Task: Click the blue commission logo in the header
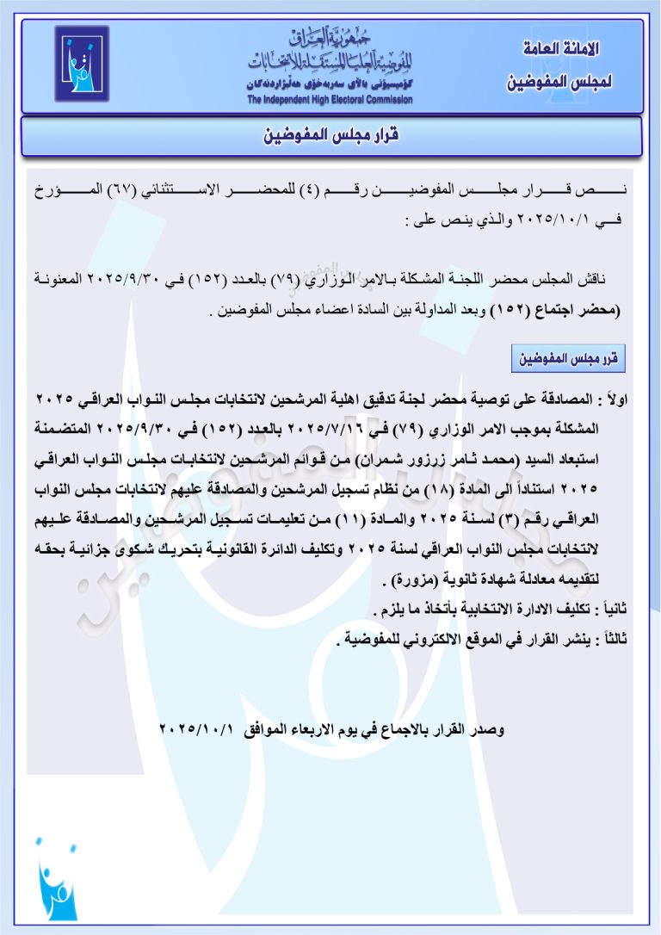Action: (82, 64)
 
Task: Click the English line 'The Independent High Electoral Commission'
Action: (330, 100)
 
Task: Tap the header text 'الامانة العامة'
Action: (561, 50)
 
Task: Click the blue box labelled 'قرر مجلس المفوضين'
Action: (568, 357)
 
